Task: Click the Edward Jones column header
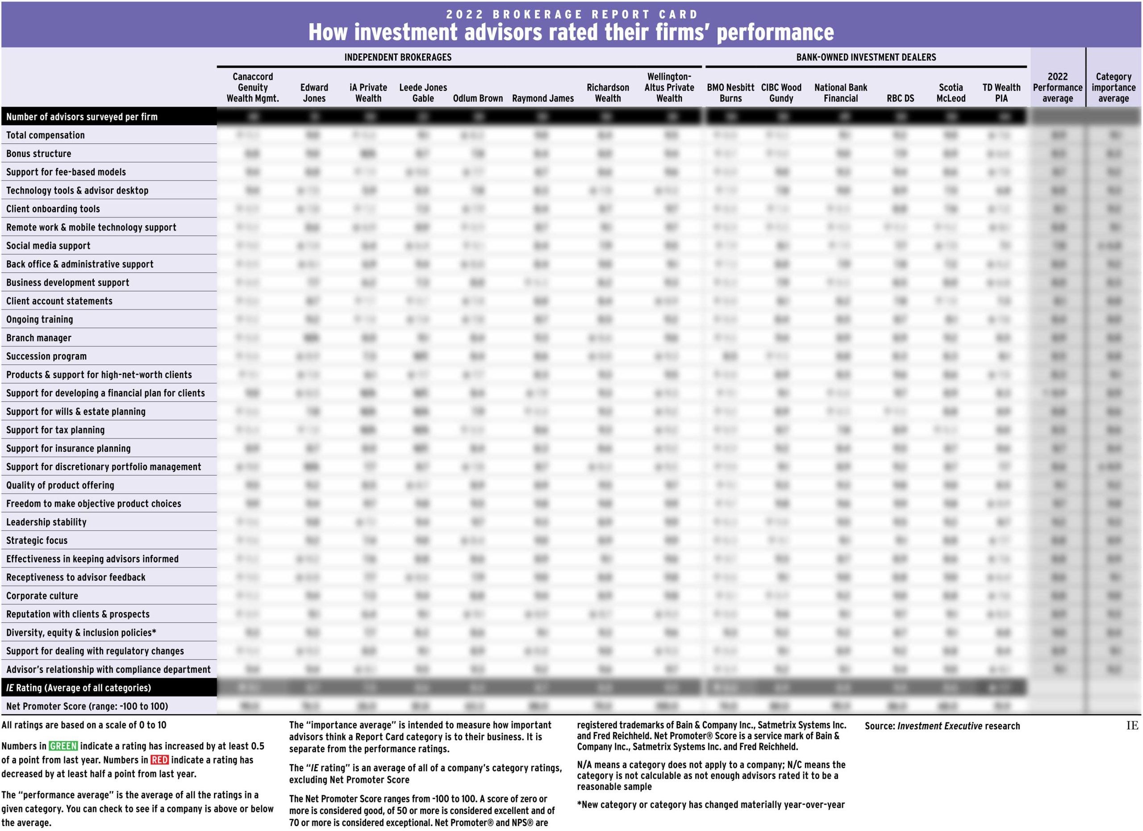(x=314, y=93)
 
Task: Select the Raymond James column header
(x=543, y=98)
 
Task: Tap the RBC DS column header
(x=900, y=98)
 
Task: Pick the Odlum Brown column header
(x=478, y=98)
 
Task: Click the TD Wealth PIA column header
(x=1001, y=93)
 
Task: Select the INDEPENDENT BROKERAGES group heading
(x=398, y=58)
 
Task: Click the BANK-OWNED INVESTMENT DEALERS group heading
(x=866, y=58)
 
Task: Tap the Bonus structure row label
(x=39, y=154)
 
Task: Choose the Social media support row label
(x=48, y=246)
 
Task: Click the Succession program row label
(x=46, y=356)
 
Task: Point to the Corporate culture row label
(x=42, y=596)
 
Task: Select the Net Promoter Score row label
(x=87, y=706)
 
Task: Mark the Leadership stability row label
(x=46, y=522)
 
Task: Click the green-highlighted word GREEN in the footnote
(x=63, y=746)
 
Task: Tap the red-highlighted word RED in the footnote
(x=160, y=760)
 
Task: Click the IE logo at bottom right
(x=1132, y=726)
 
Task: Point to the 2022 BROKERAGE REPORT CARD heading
(x=571, y=14)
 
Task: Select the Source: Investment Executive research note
(x=942, y=726)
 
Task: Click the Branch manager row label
(x=39, y=338)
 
